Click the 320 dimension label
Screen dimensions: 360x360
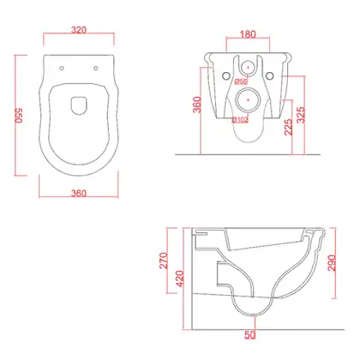coord(79,30)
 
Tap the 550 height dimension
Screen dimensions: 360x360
coord(19,116)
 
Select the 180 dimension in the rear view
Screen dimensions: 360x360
coord(248,34)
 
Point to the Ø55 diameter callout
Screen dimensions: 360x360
coord(241,81)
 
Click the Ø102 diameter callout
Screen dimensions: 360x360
coord(240,120)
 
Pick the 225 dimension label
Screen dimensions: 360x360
coord(288,127)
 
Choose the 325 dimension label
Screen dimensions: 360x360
coord(301,115)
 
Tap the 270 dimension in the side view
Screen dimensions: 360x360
coord(164,261)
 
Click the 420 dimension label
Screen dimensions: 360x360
coord(180,279)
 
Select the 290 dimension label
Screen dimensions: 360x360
coord(332,263)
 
